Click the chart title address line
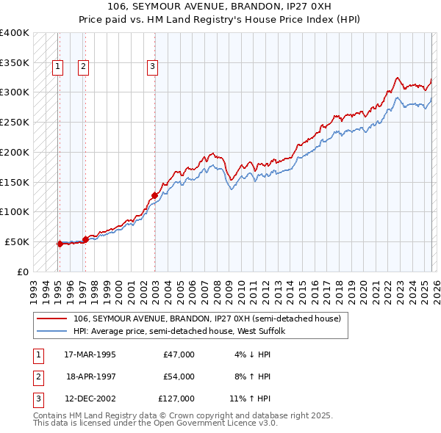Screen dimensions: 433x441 coord(220,7)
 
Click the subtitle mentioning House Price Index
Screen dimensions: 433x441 coord(220,20)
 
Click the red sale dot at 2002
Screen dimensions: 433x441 coord(154,195)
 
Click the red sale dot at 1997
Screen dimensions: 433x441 coord(85,239)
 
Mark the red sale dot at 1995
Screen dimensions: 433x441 coord(60,243)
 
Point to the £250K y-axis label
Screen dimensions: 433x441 coord(14,122)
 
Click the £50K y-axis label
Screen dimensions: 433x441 coord(17,241)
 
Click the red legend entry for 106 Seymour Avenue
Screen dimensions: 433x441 coord(207,319)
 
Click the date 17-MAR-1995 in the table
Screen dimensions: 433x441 coord(90,354)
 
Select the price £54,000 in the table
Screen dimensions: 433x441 coord(179,376)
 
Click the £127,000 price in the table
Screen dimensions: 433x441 coord(176,399)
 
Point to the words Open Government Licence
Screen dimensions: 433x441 coord(211,423)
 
